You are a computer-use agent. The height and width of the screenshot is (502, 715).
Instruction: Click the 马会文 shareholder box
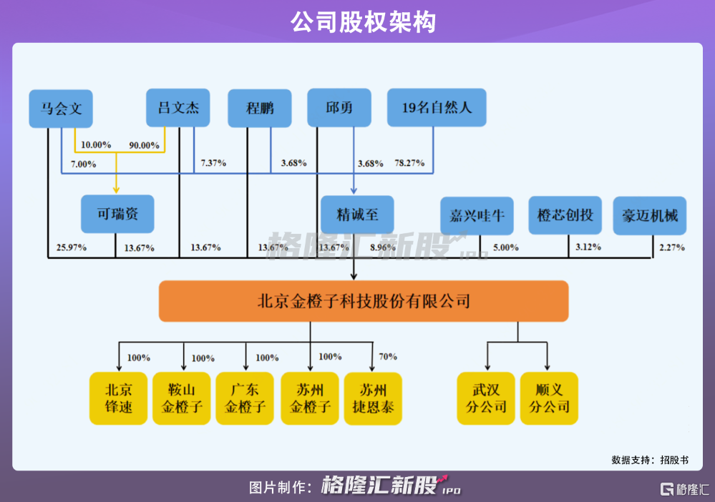[61, 109]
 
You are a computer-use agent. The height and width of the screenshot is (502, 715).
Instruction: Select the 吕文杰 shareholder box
[177, 107]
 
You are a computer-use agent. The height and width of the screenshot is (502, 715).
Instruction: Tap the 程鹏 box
[260, 108]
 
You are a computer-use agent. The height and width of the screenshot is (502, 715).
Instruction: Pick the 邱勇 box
[339, 107]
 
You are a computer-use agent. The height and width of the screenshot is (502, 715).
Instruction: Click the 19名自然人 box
[437, 107]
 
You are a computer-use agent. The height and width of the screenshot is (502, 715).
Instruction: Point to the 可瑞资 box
[117, 214]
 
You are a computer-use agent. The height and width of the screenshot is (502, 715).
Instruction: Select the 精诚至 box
[357, 215]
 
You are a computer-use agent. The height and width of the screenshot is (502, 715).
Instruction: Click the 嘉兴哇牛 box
[477, 215]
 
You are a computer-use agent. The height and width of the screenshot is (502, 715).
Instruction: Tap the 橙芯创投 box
[565, 215]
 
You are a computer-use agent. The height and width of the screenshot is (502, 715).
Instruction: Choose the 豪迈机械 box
[649, 215]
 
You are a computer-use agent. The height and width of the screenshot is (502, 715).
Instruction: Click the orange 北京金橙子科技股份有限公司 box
[364, 301]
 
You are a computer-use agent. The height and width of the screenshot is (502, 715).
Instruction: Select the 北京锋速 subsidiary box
[118, 398]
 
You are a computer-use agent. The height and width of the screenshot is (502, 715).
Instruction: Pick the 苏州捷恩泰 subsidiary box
[373, 398]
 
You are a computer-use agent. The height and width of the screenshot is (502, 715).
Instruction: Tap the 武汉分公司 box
[486, 398]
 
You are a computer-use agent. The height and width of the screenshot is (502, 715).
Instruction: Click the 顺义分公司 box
[549, 398]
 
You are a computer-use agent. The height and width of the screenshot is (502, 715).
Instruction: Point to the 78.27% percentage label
[409, 162]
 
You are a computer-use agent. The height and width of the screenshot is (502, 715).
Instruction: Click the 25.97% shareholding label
[71, 247]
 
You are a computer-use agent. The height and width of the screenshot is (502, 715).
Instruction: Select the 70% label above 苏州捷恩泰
[388, 357]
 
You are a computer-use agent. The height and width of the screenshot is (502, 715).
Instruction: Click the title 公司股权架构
[363, 22]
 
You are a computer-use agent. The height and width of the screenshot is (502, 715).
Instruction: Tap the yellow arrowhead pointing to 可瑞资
[116, 190]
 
